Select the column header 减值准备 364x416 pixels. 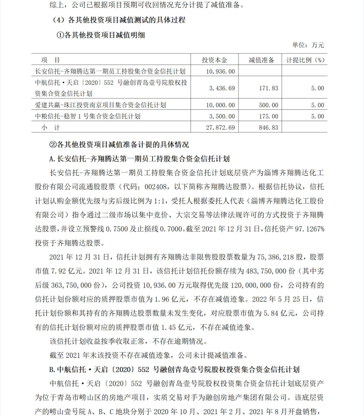pos(261,60)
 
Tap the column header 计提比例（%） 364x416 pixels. pos(305,60)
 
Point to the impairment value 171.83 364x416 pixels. pos(269,88)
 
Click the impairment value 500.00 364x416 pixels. pos(269,105)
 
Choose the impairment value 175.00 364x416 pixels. pos(269,116)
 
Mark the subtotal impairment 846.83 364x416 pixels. pos(269,127)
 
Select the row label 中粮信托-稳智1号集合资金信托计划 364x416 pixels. pos(87,116)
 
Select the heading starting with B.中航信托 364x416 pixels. pos(174,369)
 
